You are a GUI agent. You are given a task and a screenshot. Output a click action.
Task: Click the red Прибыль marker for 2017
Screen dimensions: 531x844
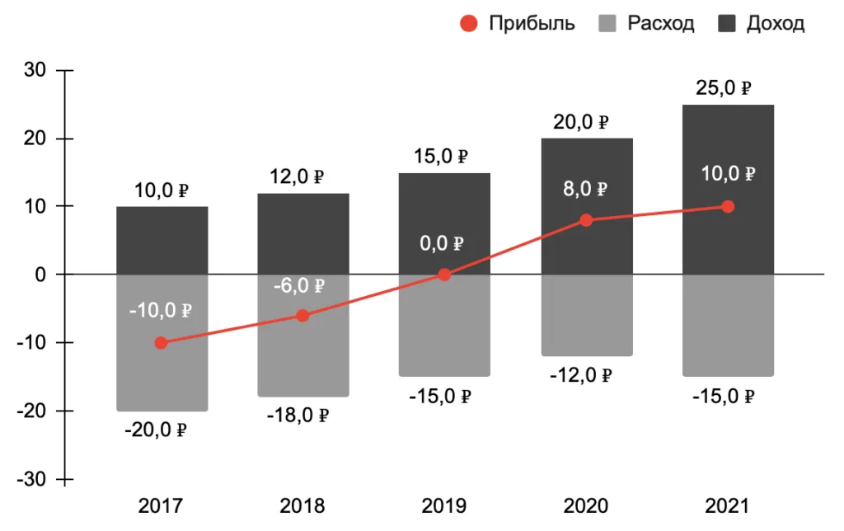(x=161, y=342)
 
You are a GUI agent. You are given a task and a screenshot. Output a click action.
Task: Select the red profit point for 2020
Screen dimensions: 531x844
(x=586, y=220)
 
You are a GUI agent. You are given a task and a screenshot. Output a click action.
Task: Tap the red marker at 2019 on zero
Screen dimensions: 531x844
(x=444, y=275)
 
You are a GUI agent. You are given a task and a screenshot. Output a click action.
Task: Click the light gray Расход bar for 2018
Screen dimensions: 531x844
(x=302, y=355)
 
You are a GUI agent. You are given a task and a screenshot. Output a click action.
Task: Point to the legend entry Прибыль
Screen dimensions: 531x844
(x=518, y=23)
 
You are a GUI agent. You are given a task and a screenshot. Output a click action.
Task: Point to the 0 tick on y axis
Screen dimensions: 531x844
(x=38, y=275)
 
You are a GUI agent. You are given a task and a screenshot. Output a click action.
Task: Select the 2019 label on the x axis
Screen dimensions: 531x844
(x=443, y=505)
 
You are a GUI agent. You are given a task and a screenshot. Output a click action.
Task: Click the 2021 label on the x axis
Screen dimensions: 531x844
(x=727, y=505)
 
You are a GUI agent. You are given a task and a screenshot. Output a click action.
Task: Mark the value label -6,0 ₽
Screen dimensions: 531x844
(x=298, y=286)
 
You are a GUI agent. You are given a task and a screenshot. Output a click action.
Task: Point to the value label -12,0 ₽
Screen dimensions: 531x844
(x=580, y=376)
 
